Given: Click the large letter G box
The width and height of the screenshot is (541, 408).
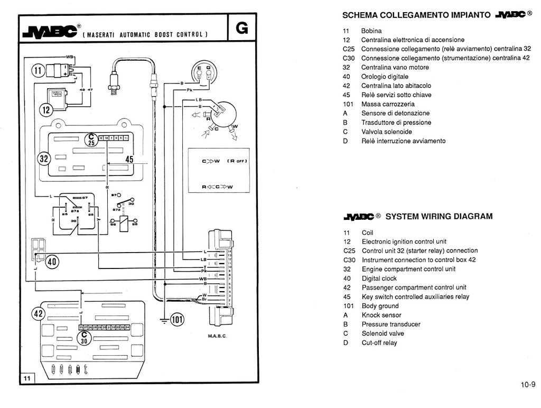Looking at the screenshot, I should (x=242, y=28).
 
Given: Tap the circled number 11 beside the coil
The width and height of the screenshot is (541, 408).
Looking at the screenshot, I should (x=39, y=71).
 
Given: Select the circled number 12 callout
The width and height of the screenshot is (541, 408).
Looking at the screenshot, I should (x=45, y=110).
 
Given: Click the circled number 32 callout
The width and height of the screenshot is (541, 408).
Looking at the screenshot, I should (x=43, y=159).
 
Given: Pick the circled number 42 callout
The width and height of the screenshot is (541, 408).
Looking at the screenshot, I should (x=38, y=313).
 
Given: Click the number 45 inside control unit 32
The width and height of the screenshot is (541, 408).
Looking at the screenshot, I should (x=129, y=159).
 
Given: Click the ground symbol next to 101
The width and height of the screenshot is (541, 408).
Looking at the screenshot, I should (x=164, y=320).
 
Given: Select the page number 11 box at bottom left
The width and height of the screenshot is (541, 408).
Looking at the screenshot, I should (x=27, y=378).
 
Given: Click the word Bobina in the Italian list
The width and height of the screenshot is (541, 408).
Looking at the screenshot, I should (x=371, y=31).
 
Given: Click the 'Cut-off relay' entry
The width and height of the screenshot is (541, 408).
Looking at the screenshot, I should (x=379, y=342).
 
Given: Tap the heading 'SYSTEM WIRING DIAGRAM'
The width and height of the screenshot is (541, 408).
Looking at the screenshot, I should (x=439, y=216).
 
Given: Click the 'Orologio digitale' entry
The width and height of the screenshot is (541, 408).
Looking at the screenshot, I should (x=385, y=77).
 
